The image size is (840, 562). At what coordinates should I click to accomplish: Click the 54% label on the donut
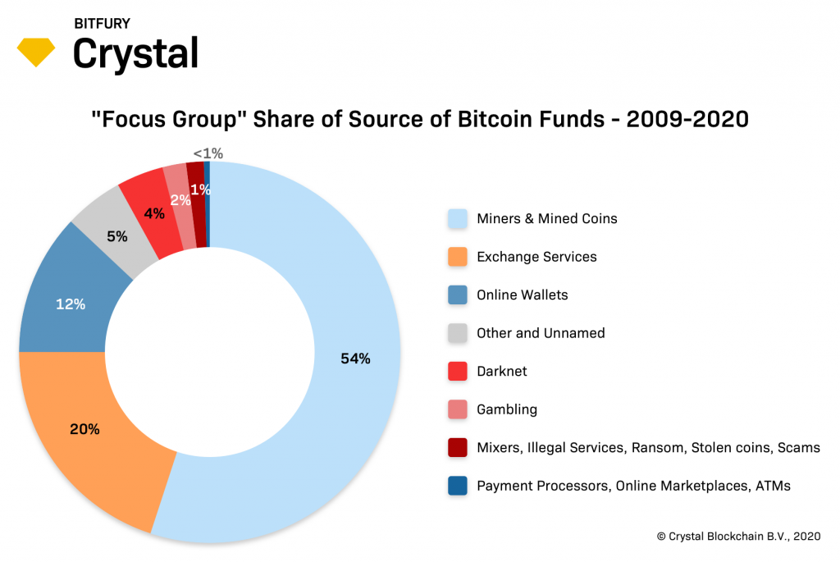[x=356, y=359]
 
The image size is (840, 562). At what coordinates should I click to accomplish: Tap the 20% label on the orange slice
[x=84, y=429]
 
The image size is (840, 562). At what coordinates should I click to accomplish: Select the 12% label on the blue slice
[x=71, y=304]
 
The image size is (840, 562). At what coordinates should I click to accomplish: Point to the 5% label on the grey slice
[x=117, y=237]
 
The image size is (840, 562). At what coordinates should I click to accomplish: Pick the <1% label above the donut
[x=208, y=153]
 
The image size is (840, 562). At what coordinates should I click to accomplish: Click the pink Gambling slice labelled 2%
[x=180, y=200]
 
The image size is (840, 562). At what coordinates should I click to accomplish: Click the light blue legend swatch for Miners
[x=458, y=219]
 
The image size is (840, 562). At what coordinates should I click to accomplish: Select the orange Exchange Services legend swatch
[x=458, y=257]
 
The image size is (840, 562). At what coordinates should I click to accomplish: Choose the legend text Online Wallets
[x=522, y=295]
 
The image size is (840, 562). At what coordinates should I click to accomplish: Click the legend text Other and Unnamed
[x=541, y=333]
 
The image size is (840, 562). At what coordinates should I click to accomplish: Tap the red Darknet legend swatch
[x=458, y=372]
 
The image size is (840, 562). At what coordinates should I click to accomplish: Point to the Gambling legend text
[x=507, y=409]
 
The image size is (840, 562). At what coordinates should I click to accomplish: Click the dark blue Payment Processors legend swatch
[x=458, y=486]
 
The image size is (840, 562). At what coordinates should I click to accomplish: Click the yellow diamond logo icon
[x=36, y=53]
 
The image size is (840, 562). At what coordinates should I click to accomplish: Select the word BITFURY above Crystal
[x=102, y=24]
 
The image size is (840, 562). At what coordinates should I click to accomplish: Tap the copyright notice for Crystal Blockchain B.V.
[x=738, y=536]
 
